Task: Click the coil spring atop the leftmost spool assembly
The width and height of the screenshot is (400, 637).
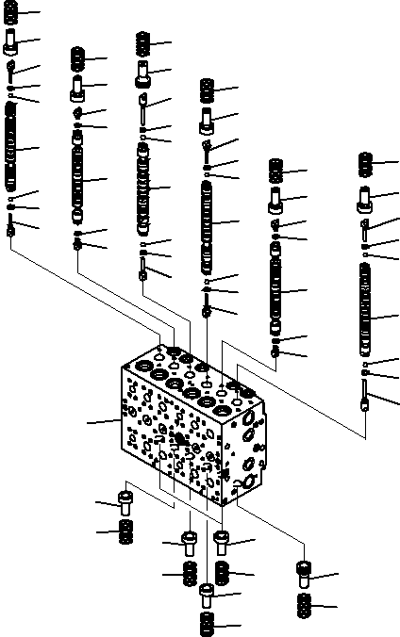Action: (x=10, y=13)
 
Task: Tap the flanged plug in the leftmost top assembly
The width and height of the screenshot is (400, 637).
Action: (x=11, y=41)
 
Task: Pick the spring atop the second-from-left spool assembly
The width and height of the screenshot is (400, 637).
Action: (x=77, y=60)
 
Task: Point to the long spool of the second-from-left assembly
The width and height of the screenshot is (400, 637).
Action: (x=78, y=179)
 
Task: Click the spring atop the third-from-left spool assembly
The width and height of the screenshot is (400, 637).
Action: (x=142, y=42)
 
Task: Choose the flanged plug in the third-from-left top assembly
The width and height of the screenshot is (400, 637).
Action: (x=142, y=71)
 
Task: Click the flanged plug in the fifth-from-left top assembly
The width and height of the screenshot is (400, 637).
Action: (x=276, y=200)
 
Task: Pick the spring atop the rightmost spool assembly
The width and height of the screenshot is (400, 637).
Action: (x=366, y=164)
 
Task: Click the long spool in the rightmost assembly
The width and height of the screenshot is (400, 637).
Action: (x=366, y=316)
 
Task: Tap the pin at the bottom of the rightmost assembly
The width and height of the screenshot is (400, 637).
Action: (x=366, y=395)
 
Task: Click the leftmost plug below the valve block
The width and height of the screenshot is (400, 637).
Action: (x=125, y=501)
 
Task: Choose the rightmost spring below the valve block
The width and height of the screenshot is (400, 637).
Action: (x=305, y=606)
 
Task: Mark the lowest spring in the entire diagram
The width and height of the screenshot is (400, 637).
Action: (x=208, y=625)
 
